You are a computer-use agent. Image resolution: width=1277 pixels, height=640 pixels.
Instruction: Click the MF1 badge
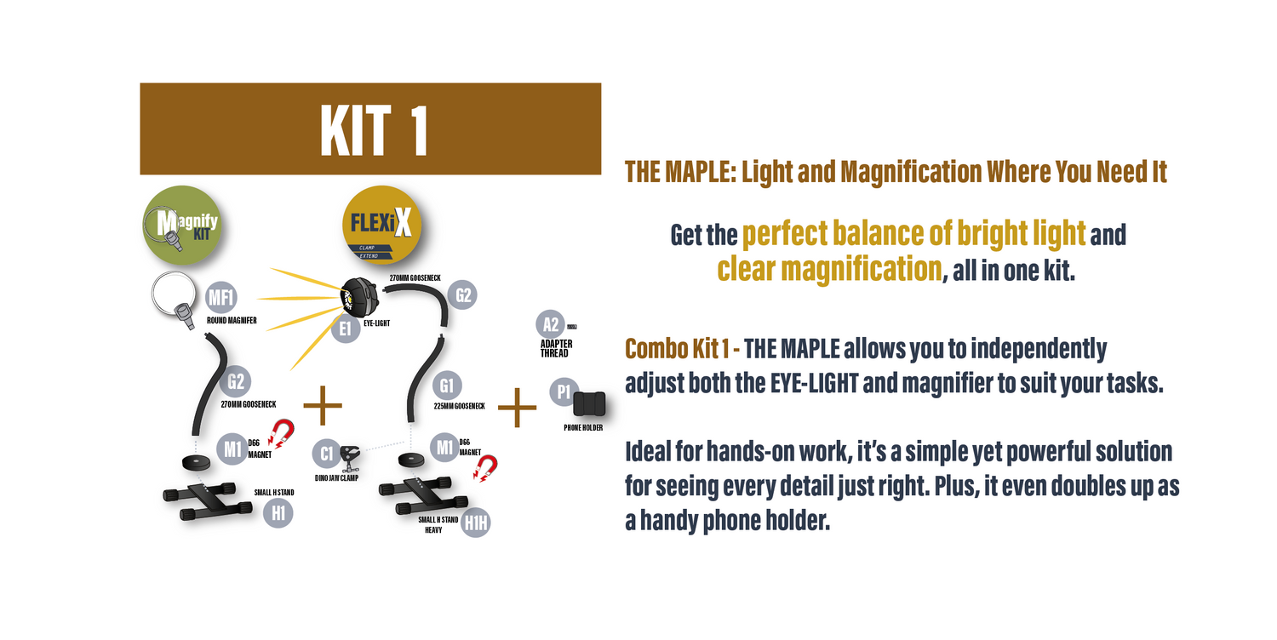[x=221, y=298]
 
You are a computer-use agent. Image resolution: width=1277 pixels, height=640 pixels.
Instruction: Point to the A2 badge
[x=551, y=324]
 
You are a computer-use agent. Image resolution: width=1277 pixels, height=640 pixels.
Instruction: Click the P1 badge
[x=563, y=392]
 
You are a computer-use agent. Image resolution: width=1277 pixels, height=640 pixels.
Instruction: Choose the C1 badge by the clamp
[x=327, y=454]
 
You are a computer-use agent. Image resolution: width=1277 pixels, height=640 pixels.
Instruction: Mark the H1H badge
[x=476, y=523]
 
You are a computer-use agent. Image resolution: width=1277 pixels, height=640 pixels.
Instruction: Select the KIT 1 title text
[x=373, y=130]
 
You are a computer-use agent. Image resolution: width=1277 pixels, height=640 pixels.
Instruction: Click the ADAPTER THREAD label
[x=557, y=348]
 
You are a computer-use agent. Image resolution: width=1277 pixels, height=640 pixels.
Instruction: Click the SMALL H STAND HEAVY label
[x=438, y=524]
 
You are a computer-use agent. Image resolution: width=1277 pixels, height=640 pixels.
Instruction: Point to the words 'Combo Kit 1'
[x=678, y=349]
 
